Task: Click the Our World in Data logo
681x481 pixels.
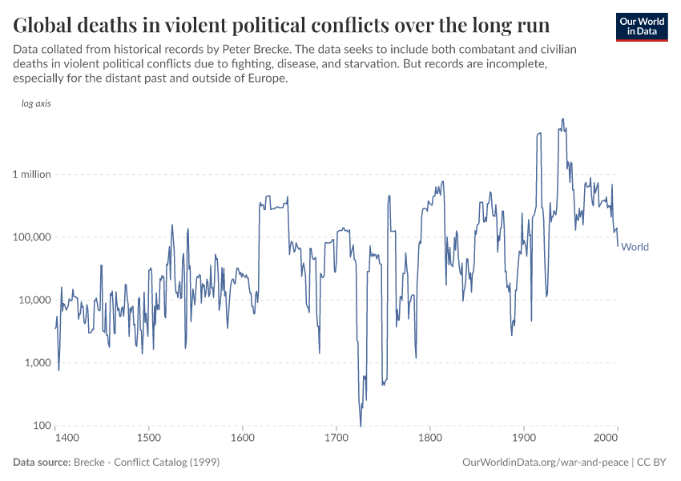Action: (x=641, y=26)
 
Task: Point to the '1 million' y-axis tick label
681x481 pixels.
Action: (x=30, y=174)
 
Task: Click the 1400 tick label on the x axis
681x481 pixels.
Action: (x=66, y=439)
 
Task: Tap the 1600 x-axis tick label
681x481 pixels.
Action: (x=242, y=439)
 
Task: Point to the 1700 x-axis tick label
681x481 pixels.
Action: (x=336, y=439)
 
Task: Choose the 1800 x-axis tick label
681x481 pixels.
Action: (x=430, y=439)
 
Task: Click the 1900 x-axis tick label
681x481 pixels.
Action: (x=524, y=439)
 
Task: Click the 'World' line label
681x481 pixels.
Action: (x=635, y=247)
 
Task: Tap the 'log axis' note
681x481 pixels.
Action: (x=36, y=104)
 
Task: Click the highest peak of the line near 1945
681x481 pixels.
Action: (x=563, y=119)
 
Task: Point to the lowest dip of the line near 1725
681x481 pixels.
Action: (x=361, y=425)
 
